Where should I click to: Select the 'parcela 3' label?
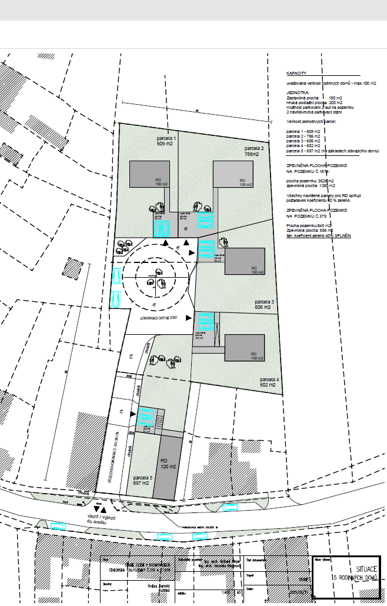pyautogui.click(x=262, y=304)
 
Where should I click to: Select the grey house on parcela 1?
pyautogui.click(x=151, y=174)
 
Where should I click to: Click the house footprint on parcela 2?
pyautogui.click(x=233, y=174)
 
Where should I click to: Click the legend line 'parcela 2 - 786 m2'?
pyautogui.click(x=303, y=136)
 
